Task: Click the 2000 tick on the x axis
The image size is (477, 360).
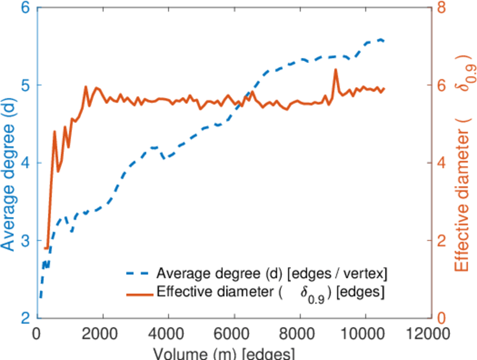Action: pos(103,332)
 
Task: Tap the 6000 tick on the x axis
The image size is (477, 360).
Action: pos(233,332)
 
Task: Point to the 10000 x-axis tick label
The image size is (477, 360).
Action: pos(364,332)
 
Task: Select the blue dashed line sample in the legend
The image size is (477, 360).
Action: pos(139,274)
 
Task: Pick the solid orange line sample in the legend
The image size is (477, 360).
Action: pos(139,293)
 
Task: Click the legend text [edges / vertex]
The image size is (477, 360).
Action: pos(338,274)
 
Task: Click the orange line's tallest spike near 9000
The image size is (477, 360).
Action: pos(335,70)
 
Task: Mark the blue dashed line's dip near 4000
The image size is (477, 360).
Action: pos(164,158)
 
